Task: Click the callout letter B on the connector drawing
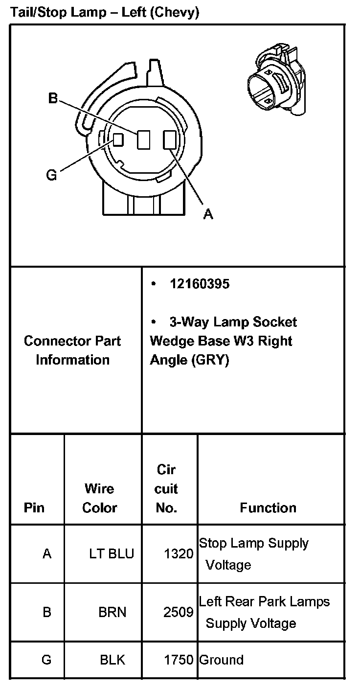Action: (x=53, y=98)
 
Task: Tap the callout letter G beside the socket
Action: (x=51, y=174)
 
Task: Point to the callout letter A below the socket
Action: (x=208, y=214)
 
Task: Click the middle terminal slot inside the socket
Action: (x=143, y=140)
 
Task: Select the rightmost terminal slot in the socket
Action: (x=169, y=140)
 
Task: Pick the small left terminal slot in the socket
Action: (x=118, y=139)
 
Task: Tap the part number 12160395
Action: (x=200, y=284)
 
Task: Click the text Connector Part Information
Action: (x=72, y=350)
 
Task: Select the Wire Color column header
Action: (x=99, y=498)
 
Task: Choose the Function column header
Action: (x=268, y=508)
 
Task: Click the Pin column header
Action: (x=34, y=508)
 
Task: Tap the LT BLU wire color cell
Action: (x=112, y=553)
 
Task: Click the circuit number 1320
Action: (x=179, y=553)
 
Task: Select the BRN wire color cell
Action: (x=112, y=612)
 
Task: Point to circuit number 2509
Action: (x=179, y=612)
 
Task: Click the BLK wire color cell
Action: (x=112, y=660)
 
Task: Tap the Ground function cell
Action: (x=221, y=660)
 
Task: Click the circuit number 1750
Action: (x=179, y=660)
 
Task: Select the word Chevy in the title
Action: (x=175, y=13)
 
